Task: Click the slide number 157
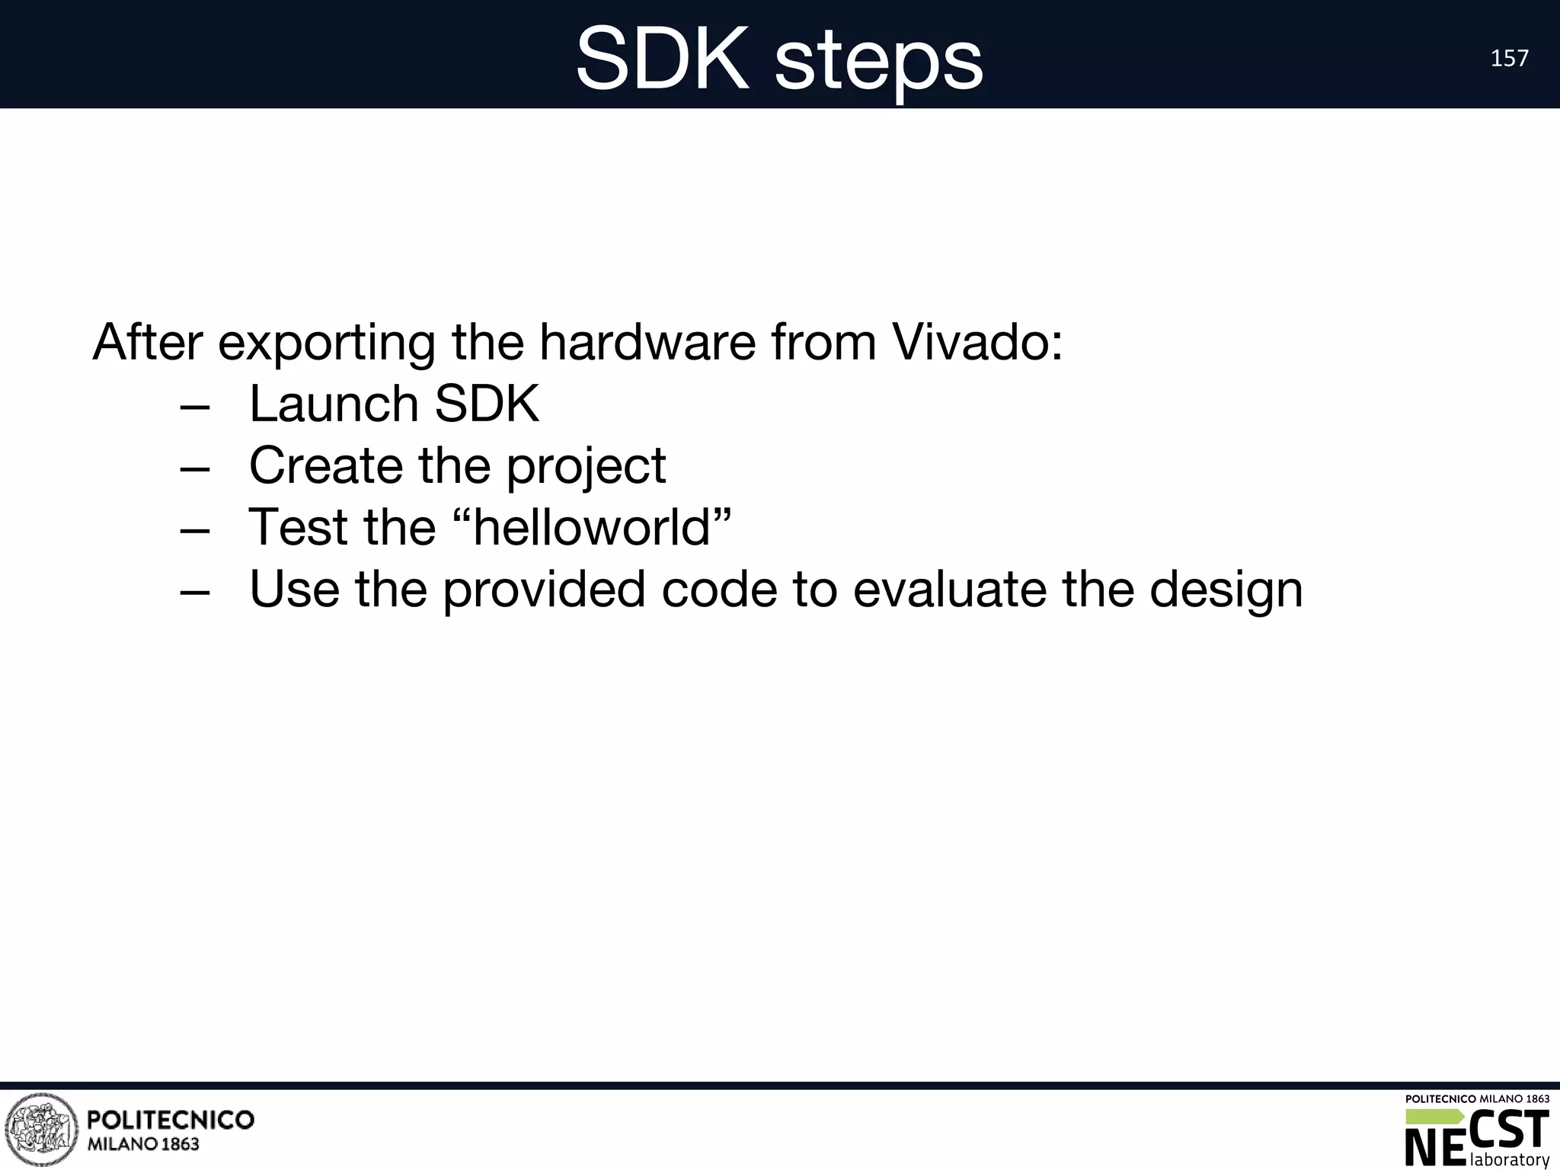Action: (x=1509, y=59)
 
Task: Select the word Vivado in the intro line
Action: (x=977, y=342)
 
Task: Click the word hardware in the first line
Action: (x=647, y=342)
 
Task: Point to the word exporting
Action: (x=327, y=344)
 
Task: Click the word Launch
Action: (x=334, y=404)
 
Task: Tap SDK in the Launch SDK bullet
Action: (x=487, y=404)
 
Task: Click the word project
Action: (x=586, y=468)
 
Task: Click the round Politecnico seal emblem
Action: (x=41, y=1130)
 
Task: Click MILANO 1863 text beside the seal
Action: (x=144, y=1144)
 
